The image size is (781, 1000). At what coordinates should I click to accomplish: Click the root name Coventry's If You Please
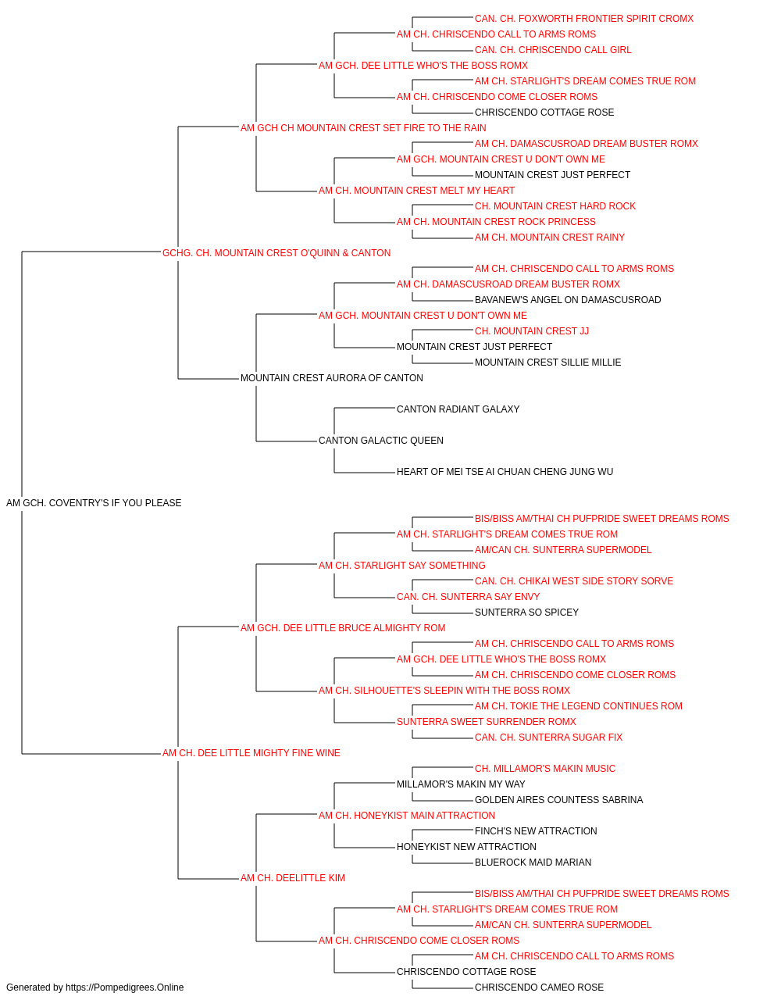click(x=94, y=503)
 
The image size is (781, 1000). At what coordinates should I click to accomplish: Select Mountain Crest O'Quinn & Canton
click(x=276, y=253)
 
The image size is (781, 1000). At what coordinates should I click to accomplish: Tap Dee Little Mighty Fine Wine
click(x=251, y=753)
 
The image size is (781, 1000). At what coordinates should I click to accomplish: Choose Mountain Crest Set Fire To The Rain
click(x=363, y=128)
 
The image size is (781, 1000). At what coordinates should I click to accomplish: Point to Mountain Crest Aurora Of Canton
click(x=332, y=378)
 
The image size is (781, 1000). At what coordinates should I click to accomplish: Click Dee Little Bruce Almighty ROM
click(x=343, y=628)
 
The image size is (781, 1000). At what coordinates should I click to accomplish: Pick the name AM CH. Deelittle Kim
click(x=293, y=878)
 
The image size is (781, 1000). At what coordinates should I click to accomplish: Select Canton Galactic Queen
click(x=381, y=441)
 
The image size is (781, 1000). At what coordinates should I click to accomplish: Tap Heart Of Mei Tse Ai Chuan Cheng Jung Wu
click(x=505, y=472)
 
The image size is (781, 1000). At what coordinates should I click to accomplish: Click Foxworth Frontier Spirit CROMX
click(x=584, y=19)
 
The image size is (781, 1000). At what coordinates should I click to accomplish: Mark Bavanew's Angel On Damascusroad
click(x=568, y=300)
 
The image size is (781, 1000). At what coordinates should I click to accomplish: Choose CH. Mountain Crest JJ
click(x=532, y=331)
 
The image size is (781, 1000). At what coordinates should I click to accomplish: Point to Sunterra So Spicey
click(x=526, y=612)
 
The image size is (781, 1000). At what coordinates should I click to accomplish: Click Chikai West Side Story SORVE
click(x=574, y=581)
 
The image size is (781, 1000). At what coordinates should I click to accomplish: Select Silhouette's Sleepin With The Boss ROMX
click(x=444, y=691)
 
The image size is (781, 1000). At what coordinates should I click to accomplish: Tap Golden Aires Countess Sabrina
click(x=559, y=800)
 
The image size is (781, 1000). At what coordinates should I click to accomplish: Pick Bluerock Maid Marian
click(x=533, y=862)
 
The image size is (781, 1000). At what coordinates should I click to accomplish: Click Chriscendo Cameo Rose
click(x=539, y=987)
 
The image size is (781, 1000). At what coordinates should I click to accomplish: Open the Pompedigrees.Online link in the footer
click(x=125, y=987)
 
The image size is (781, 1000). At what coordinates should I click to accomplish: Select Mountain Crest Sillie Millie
click(x=547, y=362)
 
